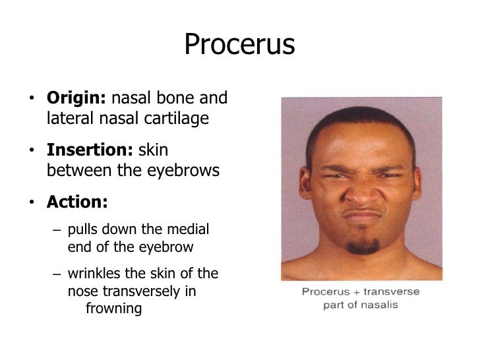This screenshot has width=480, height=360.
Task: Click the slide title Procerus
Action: [x=239, y=45]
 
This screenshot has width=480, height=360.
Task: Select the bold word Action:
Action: [x=75, y=202]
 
